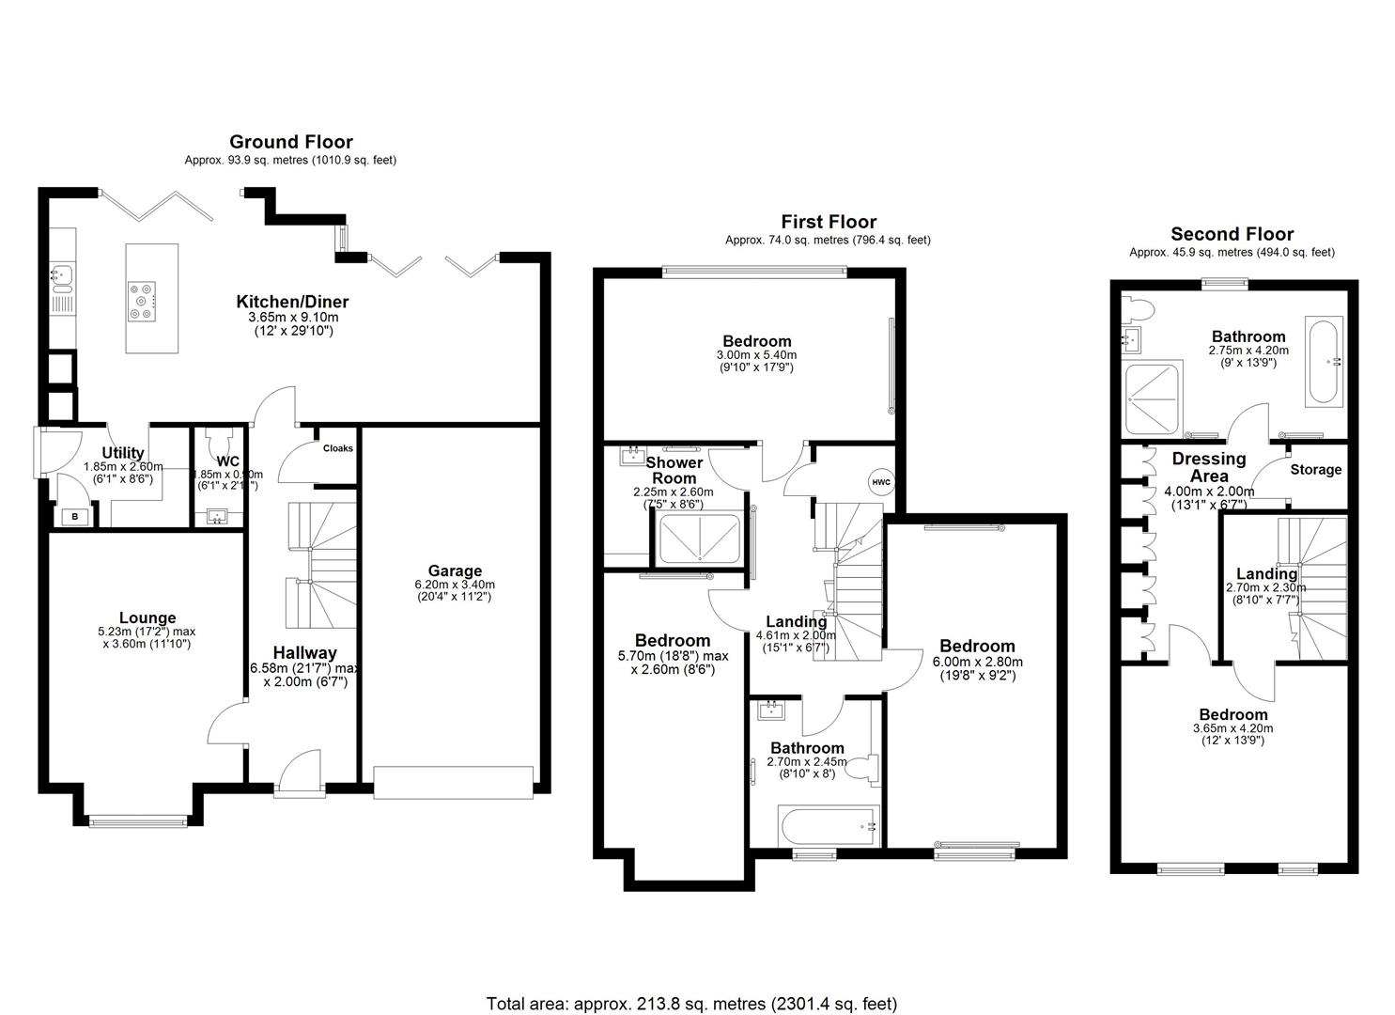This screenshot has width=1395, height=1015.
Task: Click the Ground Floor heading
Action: [290, 142]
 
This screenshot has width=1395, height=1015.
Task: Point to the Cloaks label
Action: [338, 448]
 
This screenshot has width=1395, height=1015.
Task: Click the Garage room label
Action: [455, 570]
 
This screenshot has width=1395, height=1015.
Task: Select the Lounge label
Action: [147, 617]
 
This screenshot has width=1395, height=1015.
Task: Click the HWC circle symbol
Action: [880, 482]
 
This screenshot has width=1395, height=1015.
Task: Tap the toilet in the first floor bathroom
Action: [862, 768]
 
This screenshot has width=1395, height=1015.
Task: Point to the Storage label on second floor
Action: [1315, 470]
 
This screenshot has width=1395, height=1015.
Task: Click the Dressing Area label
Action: [1208, 467]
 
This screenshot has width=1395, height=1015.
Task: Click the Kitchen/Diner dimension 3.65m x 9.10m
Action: [292, 319]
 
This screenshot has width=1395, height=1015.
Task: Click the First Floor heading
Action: [828, 222]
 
